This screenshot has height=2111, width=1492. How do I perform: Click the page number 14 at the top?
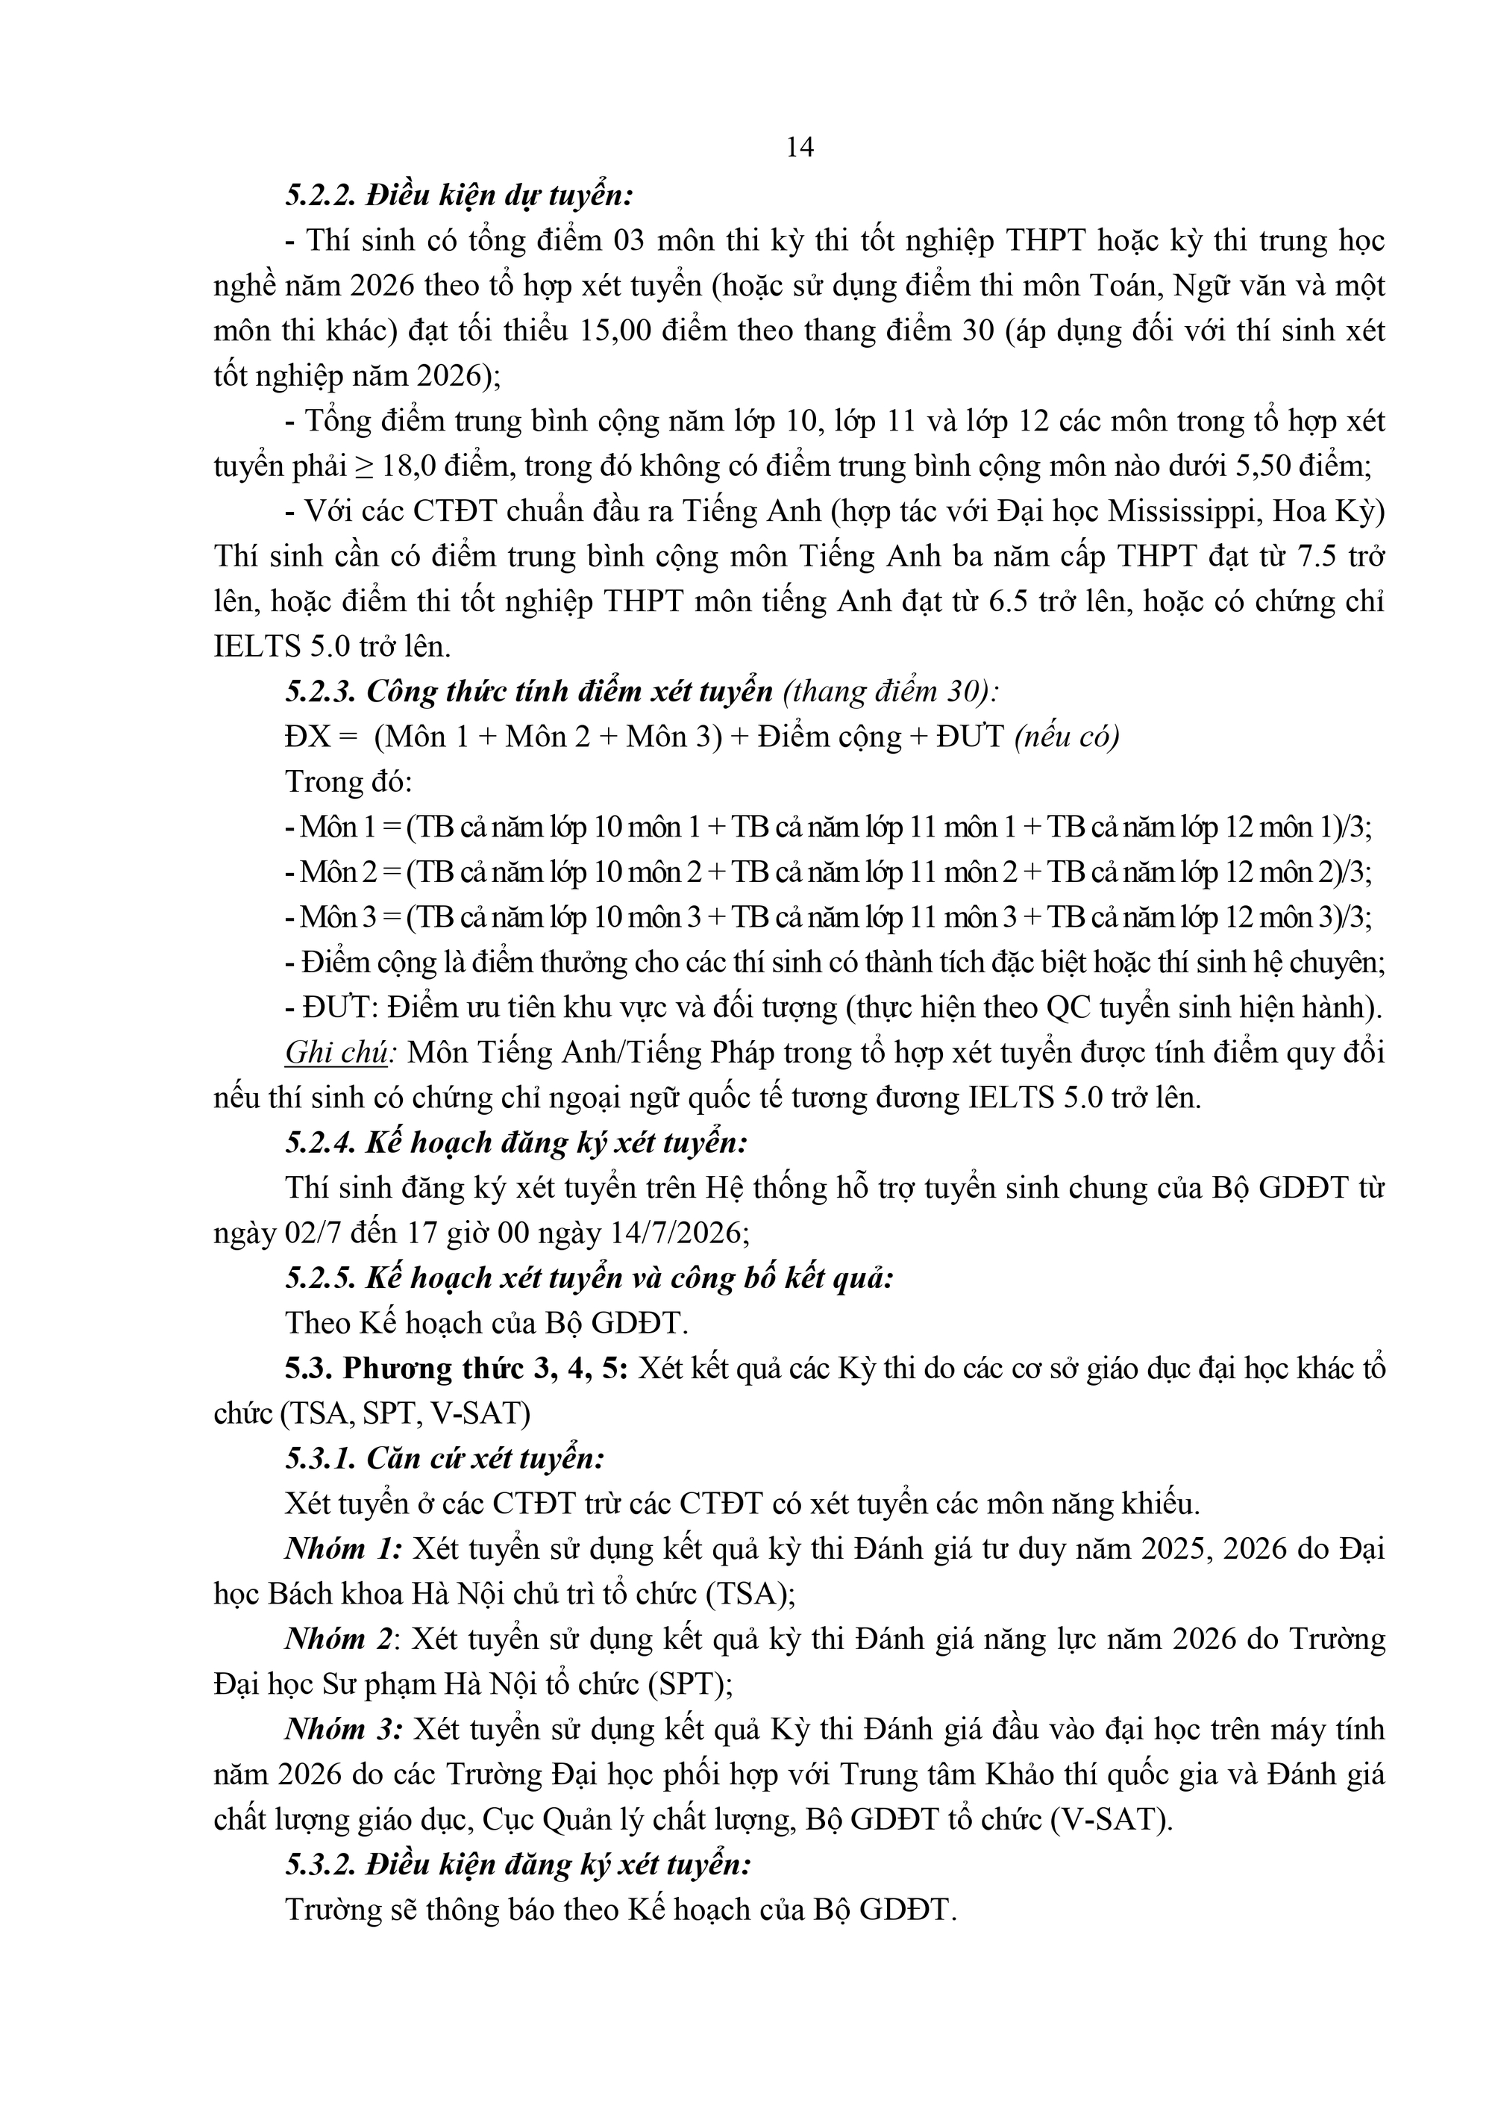pyautogui.click(x=799, y=147)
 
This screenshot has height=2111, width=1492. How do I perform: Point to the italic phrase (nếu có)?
pyautogui.click(x=1066, y=737)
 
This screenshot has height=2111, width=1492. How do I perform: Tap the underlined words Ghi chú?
pyautogui.click(x=336, y=1053)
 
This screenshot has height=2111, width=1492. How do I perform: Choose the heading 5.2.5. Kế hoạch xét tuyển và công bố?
pyautogui.click(x=589, y=1279)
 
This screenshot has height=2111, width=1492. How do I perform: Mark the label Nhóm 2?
pyautogui.click(x=341, y=1639)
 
